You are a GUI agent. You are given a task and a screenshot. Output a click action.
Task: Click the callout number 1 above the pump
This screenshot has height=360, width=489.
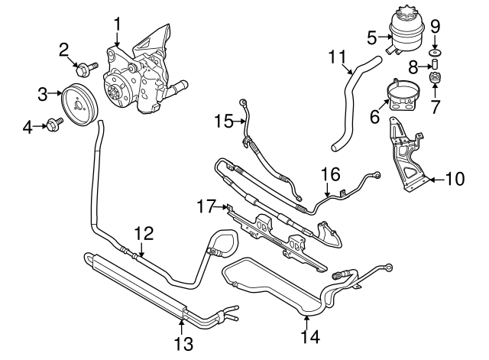(x=118, y=25)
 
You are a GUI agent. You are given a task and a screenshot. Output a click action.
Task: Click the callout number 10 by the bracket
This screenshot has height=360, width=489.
(x=454, y=181)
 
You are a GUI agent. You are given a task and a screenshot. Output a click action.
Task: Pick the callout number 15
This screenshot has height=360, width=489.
(x=223, y=121)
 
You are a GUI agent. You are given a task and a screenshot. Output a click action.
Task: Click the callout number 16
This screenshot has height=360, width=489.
(x=329, y=175)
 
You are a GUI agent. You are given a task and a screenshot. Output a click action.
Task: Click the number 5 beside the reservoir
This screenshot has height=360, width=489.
(x=372, y=36)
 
